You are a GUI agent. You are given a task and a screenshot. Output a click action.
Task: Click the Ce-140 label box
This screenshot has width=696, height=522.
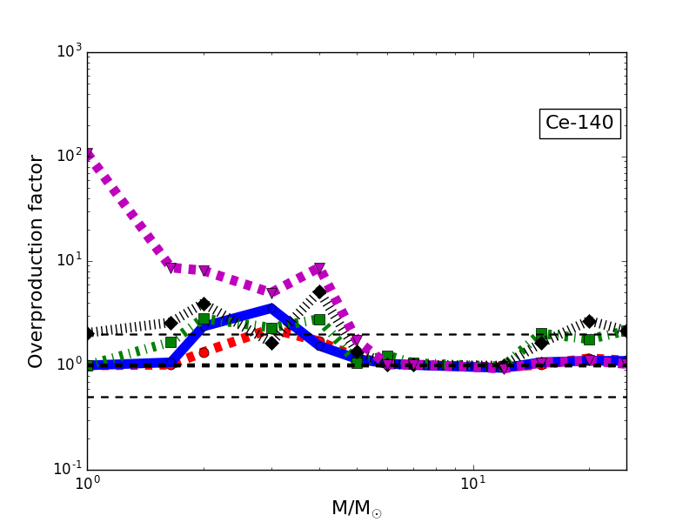coord(579,124)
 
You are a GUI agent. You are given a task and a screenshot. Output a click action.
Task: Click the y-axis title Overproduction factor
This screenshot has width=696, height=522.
coord(36,261)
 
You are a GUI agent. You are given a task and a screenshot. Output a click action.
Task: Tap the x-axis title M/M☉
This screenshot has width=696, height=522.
coord(356,508)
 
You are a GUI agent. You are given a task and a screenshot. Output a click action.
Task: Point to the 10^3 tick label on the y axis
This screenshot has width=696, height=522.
coord(68,52)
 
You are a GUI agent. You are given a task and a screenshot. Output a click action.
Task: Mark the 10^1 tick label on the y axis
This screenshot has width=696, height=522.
coord(68,261)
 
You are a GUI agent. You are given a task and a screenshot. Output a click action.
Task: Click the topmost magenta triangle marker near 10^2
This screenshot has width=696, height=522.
coord(88,155)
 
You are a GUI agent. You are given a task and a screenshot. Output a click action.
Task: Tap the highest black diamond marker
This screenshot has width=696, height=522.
coord(319,291)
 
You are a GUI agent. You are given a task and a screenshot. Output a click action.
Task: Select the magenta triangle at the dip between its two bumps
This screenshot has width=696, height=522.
coord(272,292)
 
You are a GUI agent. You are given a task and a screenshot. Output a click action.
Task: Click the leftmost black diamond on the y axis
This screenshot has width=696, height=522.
coord(88,333)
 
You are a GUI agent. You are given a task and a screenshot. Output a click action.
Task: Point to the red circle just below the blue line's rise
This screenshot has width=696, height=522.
coord(204,352)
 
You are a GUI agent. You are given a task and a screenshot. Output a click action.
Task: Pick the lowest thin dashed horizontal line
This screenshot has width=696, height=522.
coord(357,397)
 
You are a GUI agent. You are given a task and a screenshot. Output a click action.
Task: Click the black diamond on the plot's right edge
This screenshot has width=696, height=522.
coord(626,331)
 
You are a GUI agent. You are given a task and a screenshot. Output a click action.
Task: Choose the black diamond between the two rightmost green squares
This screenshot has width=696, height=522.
coord(589,322)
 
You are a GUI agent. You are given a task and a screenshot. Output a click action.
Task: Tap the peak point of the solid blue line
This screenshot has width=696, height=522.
coord(271,307)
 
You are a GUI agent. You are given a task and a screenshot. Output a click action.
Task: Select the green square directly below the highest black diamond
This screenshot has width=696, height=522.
coord(319,319)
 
